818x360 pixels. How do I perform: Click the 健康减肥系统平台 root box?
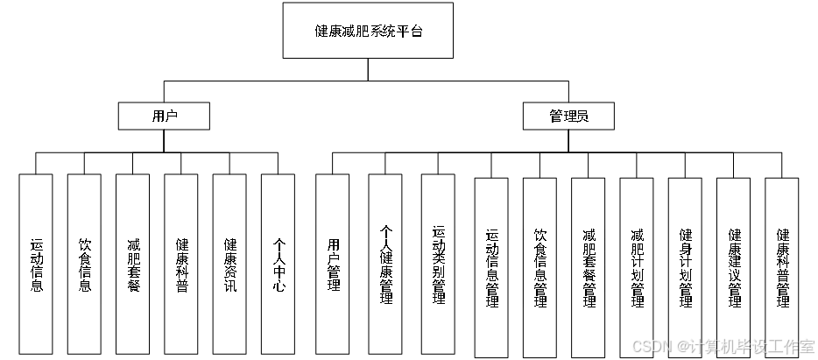pyautogui.click(x=368, y=31)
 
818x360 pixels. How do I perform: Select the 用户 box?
pyautogui.click(x=164, y=116)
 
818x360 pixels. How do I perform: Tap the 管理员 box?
pyautogui.click(x=568, y=116)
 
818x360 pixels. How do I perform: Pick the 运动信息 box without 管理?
pyautogui.click(x=37, y=265)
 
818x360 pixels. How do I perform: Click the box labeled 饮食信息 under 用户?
pyautogui.click(x=85, y=265)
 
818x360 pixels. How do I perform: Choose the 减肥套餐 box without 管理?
pyautogui.click(x=133, y=265)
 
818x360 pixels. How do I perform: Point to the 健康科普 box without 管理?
pyautogui.click(x=181, y=265)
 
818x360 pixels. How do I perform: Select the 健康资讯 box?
pyautogui.click(x=229, y=265)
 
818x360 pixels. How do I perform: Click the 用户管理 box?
pyautogui.click(x=333, y=265)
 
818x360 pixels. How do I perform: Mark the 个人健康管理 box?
pyautogui.click(x=385, y=265)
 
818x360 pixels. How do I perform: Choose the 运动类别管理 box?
pyautogui.click(x=438, y=265)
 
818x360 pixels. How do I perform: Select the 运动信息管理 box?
pyautogui.click(x=491, y=268)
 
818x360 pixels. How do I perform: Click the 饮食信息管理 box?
pyautogui.click(x=540, y=268)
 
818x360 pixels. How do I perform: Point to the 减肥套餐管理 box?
pyautogui.click(x=589, y=268)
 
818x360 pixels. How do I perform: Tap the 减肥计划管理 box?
pyautogui.click(x=637, y=268)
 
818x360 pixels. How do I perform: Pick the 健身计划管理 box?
pyautogui.click(x=685, y=268)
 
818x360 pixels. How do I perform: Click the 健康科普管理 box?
pyautogui.click(x=782, y=268)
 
